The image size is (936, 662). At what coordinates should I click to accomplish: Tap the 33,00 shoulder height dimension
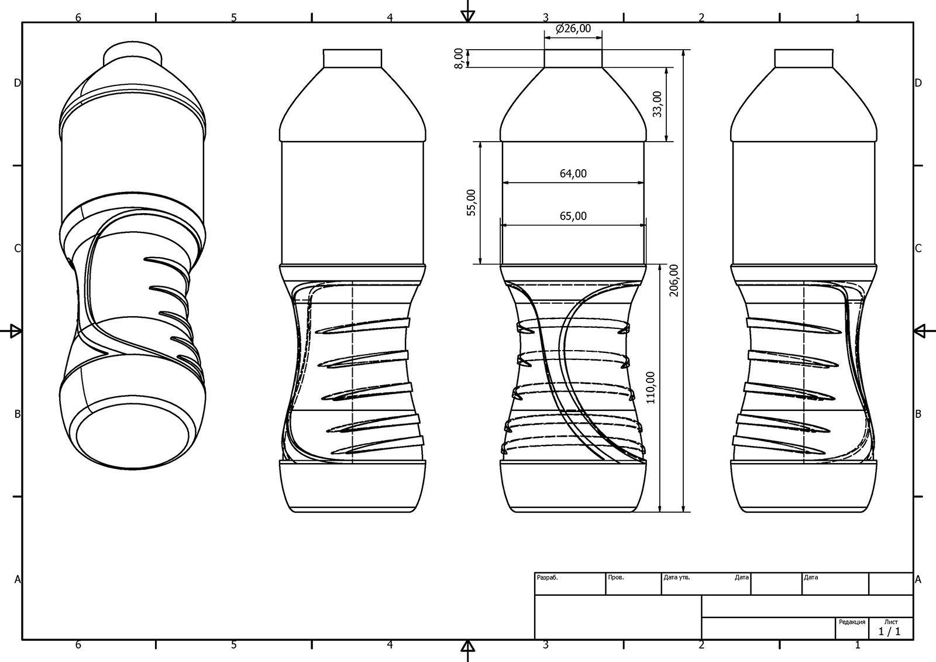coord(658,104)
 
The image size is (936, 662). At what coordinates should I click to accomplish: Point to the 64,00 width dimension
coord(573,174)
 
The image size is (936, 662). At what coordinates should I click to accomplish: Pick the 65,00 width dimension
coord(573,216)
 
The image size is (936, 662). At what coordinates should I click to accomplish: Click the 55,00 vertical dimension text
coord(472,203)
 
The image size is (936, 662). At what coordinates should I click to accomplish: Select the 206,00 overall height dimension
coord(675,280)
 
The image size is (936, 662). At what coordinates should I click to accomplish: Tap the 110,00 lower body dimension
coord(651,387)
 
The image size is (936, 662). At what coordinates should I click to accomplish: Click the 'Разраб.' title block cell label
coord(548,577)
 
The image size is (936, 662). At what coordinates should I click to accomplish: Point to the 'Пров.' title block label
coord(616,577)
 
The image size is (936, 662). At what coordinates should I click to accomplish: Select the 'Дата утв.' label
coord(677,577)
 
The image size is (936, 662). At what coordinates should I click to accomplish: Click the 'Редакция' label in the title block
coord(852,622)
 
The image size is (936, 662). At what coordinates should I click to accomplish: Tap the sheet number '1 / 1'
coord(889,632)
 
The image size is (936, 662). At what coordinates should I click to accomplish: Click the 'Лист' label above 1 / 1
coord(891,622)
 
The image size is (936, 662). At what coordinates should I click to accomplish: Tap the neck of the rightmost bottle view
coord(803,59)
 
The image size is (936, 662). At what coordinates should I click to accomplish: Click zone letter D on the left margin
coord(18,83)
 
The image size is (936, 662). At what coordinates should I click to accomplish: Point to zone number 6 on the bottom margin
coord(78,645)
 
